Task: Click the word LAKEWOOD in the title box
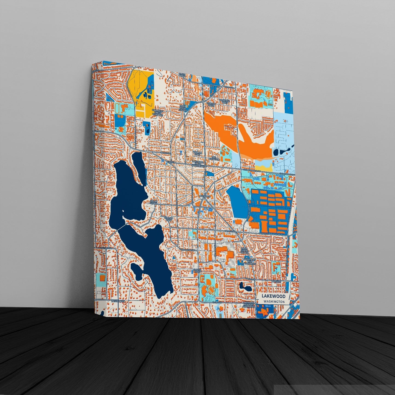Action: pos(273,296)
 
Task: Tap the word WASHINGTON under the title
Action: pos(274,302)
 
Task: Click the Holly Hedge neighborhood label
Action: pos(154,202)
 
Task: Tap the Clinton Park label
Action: pos(169,219)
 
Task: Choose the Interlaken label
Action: pos(118,301)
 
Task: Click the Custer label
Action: pos(171,162)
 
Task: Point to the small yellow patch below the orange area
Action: pos(264,166)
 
